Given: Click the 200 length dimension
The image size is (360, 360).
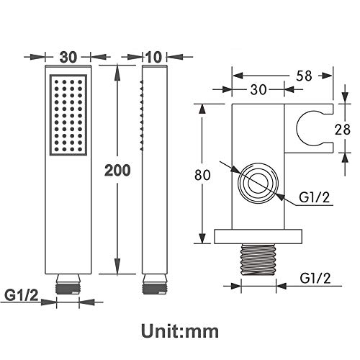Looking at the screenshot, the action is click(x=117, y=171).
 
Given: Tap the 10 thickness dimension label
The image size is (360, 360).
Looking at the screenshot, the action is click(x=153, y=57).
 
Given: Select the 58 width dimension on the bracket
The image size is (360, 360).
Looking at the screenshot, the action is click(x=304, y=76).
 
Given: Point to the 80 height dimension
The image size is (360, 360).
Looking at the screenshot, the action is click(x=202, y=174).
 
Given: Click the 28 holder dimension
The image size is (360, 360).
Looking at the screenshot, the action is click(x=343, y=130).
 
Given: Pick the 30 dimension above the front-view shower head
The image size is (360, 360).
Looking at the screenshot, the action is click(x=68, y=57).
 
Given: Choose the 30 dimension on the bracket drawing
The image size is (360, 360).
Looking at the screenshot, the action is click(x=258, y=90).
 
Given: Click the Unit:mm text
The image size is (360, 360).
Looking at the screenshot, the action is click(x=180, y=331).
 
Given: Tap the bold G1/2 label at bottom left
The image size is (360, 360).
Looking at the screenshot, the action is click(x=22, y=295).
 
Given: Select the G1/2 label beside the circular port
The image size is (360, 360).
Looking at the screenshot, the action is click(x=315, y=197).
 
